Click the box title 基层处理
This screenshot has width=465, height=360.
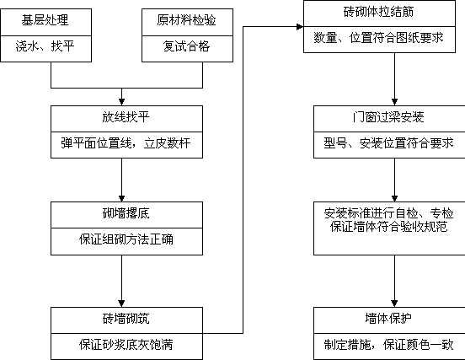tap(45, 20)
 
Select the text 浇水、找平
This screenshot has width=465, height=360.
tap(45, 46)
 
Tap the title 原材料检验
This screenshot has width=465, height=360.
tap(186, 20)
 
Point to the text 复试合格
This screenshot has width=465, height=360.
tap(186, 46)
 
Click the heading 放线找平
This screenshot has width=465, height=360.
tap(126, 117)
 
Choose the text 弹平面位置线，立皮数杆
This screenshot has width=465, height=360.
tap(126, 143)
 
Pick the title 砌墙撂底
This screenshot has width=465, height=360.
tap(126, 213)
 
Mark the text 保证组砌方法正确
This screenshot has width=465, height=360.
tap(126, 239)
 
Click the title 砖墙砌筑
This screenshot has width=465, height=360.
tap(126, 319)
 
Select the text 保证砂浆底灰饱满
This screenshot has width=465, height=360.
tap(126, 345)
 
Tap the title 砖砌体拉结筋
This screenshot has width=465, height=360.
tap(378, 12)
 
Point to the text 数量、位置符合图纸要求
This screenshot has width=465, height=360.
tap(378, 38)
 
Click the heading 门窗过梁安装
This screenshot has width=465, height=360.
tap(388, 117)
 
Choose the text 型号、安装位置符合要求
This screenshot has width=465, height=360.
tap(388, 143)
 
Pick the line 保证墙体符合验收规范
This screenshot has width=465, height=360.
tap(388, 227)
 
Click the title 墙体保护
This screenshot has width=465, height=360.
tap(388, 319)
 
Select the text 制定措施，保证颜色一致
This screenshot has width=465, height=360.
tap(388, 345)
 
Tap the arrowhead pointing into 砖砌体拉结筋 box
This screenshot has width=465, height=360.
tap(300, 27)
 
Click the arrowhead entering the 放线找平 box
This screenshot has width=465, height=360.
tap(121, 102)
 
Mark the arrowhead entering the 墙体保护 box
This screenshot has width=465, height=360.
tap(394, 304)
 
